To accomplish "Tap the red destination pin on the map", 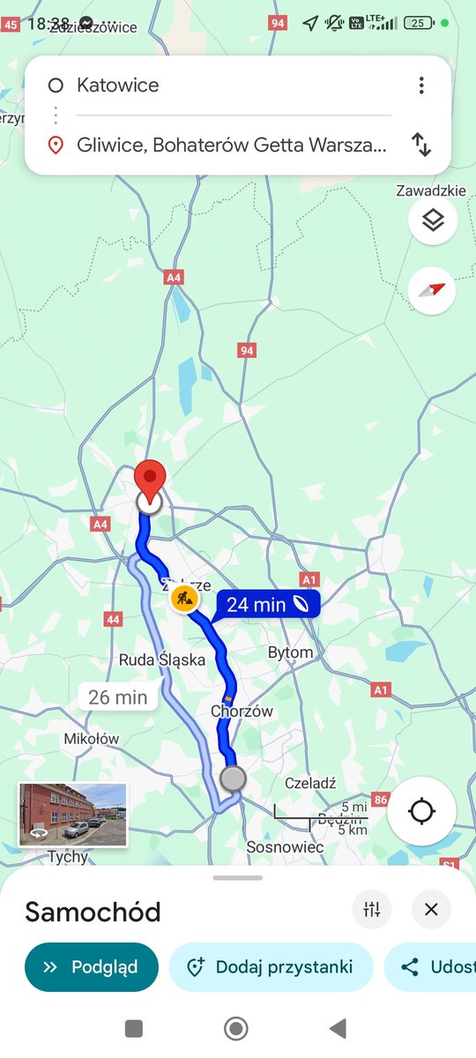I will tap(151, 480).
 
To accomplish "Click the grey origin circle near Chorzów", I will tap(233, 779).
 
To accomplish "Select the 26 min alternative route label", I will tap(118, 697).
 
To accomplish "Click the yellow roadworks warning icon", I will tap(184, 598).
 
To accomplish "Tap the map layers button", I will tap(432, 220).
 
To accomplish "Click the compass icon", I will tap(432, 291).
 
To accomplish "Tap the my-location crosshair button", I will tap(420, 810).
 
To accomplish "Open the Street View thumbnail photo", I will tap(73, 815).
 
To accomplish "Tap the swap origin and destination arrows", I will tap(421, 145).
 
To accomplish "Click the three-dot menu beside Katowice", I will tap(421, 86).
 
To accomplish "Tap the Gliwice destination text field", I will tap(231, 145).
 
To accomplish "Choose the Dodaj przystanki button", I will tap(271, 967).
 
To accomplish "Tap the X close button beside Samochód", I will tap(431, 910).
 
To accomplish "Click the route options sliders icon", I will tap(372, 910).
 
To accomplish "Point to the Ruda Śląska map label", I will tap(162, 659).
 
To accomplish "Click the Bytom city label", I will tap(290, 652).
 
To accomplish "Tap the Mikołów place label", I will tap(92, 739).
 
